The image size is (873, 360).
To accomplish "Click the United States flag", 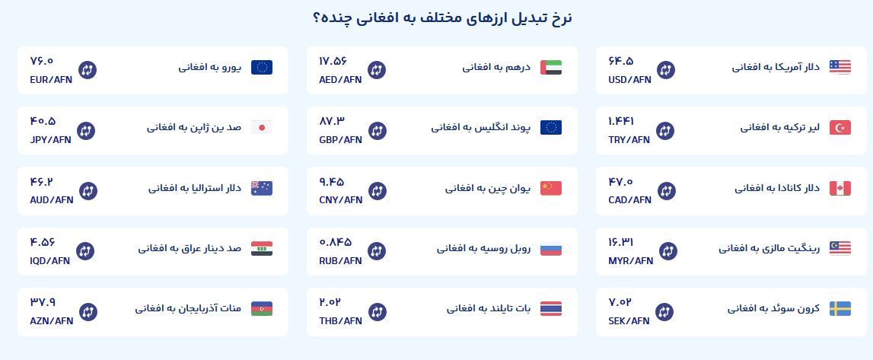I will (840, 67).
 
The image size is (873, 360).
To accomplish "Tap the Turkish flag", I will (840, 127).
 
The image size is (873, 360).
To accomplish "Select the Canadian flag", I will (840, 188).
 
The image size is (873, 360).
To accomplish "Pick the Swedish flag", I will (840, 308).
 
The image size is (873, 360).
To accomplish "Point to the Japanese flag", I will (261, 127).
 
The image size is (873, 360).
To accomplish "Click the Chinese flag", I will (550, 188).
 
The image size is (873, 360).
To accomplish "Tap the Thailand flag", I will (550, 308).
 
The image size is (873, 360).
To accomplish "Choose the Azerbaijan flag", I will (261, 308).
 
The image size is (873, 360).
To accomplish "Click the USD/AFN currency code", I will (629, 79).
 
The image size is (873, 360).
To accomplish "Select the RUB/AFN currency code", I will (340, 260).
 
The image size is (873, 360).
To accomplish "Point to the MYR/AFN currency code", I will (630, 260).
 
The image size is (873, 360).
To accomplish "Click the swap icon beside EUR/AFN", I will (87, 70).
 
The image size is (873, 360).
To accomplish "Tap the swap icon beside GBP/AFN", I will (377, 130).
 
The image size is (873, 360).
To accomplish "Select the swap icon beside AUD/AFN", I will (87, 190).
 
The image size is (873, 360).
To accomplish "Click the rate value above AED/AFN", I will (333, 61).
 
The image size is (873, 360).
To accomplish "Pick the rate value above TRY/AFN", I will (621, 121).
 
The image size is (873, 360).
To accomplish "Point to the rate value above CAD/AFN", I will (620, 181).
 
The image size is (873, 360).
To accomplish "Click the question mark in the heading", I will (317, 19).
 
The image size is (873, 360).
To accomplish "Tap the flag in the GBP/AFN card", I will (550, 127).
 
